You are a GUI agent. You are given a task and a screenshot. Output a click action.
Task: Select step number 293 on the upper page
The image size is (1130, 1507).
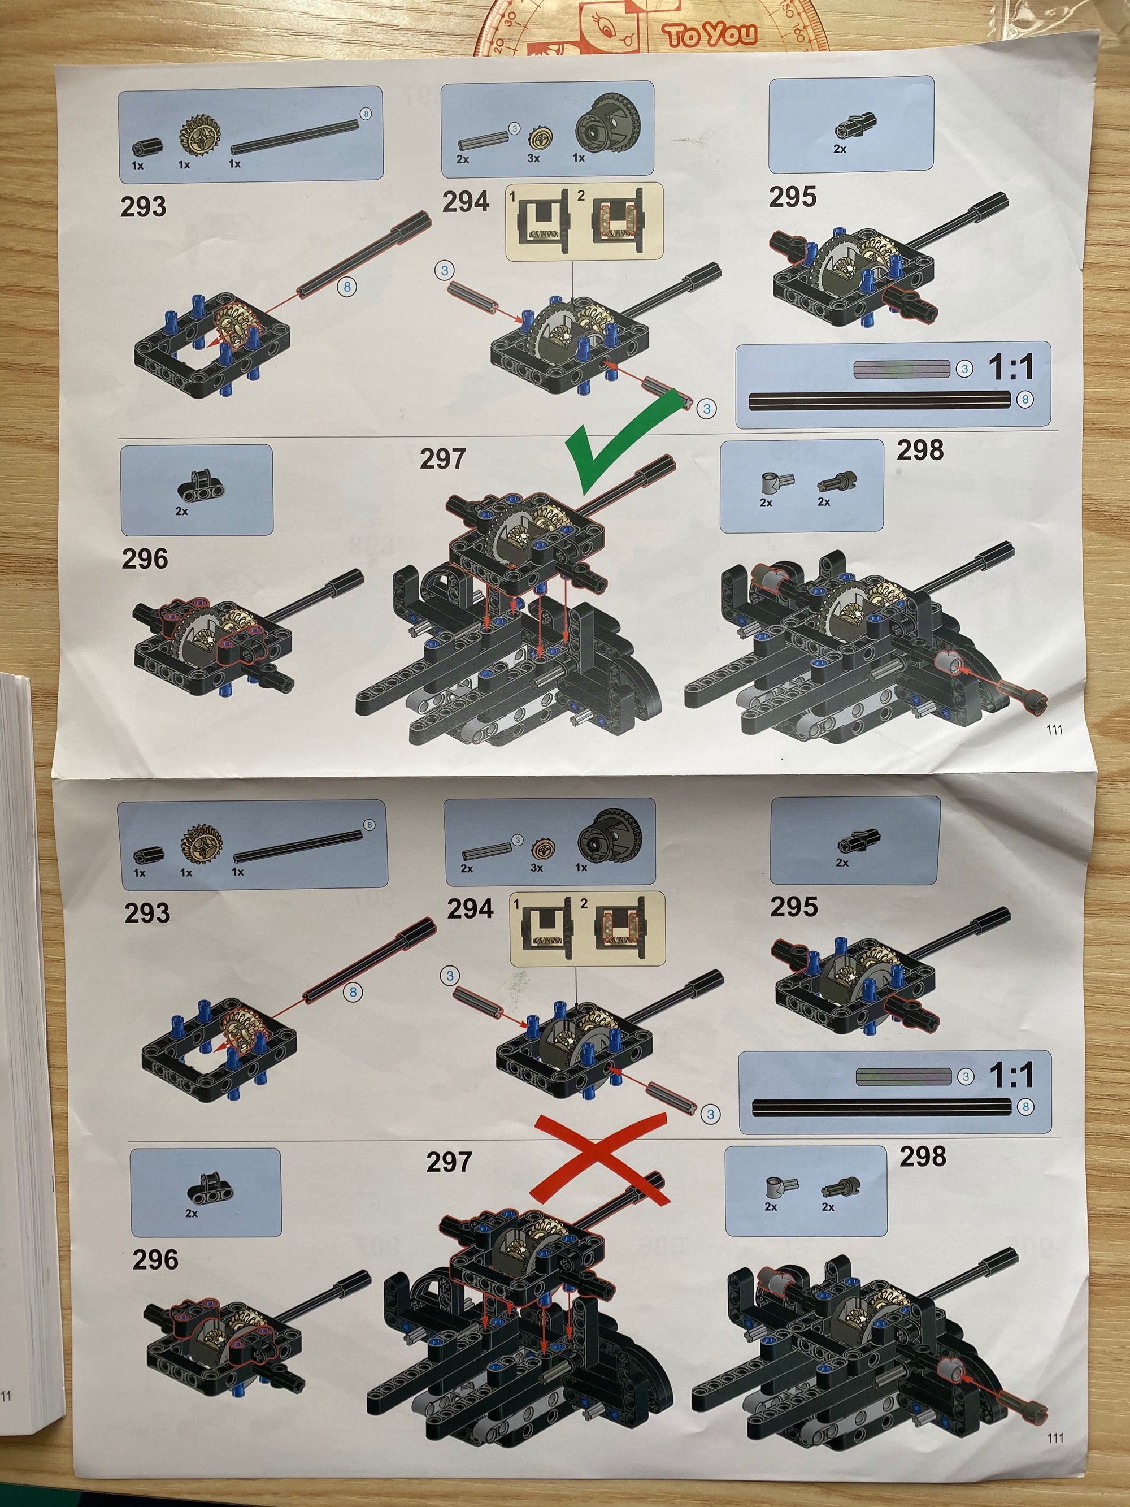pyautogui.click(x=143, y=206)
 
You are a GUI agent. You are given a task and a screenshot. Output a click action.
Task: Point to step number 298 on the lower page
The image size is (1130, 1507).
pyautogui.click(x=923, y=1156)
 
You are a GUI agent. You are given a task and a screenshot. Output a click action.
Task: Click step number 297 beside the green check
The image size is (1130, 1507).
pyautogui.click(x=443, y=458)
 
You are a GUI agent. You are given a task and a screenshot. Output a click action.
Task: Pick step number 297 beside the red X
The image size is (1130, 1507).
pyautogui.click(x=449, y=1162)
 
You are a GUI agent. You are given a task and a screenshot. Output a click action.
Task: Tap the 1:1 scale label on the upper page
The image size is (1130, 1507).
pyautogui.click(x=1011, y=368)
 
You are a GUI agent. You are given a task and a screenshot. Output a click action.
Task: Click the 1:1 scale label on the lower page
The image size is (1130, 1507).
pyautogui.click(x=1011, y=1075)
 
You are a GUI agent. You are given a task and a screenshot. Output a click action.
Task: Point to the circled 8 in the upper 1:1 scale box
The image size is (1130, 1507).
pyautogui.click(x=1025, y=400)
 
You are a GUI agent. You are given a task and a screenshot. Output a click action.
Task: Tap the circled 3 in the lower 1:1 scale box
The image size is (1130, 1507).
pyautogui.click(x=965, y=1076)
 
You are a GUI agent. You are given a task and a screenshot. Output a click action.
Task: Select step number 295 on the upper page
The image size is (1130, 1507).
pyautogui.click(x=793, y=197)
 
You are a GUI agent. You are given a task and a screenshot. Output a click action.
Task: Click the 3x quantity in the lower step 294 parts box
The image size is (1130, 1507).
pyautogui.click(x=537, y=868)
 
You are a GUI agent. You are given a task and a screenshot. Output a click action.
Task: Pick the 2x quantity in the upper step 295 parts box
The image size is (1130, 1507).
pyautogui.click(x=840, y=149)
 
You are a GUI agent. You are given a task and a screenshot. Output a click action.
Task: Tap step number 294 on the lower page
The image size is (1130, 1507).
pyautogui.click(x=470, y=909)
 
